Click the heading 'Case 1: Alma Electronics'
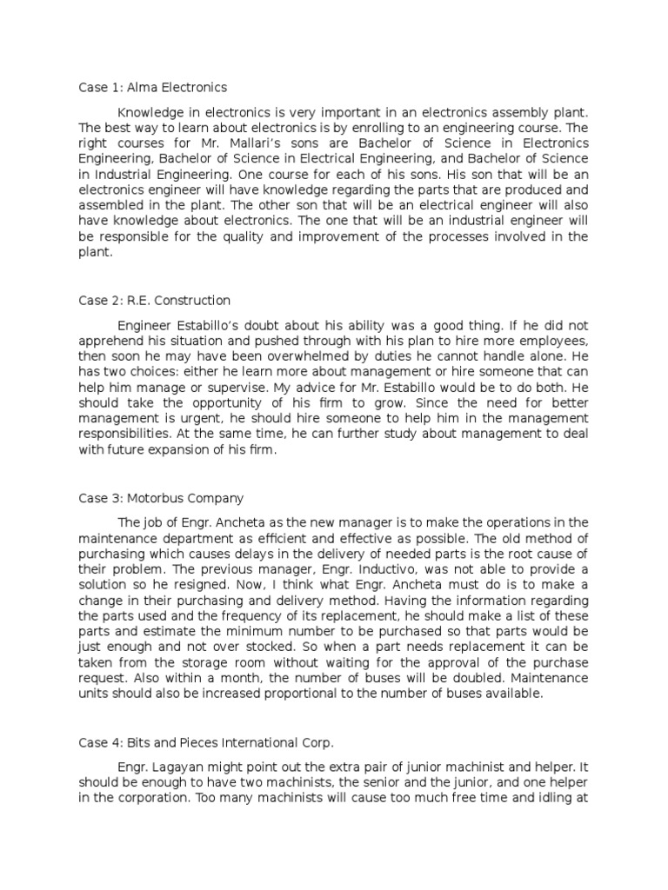pyautogui.click(x=152, y=87)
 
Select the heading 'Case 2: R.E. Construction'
pyautogui.click(x=155, y=301)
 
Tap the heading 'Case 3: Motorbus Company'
pyautogui.click(x=161, y=498)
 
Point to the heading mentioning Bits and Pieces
pyautogui.click(x=205, y=743)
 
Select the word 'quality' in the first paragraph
pyautogui.click(x=259, y=237)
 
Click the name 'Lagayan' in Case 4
pyautogui.click(x=176, y=768)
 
